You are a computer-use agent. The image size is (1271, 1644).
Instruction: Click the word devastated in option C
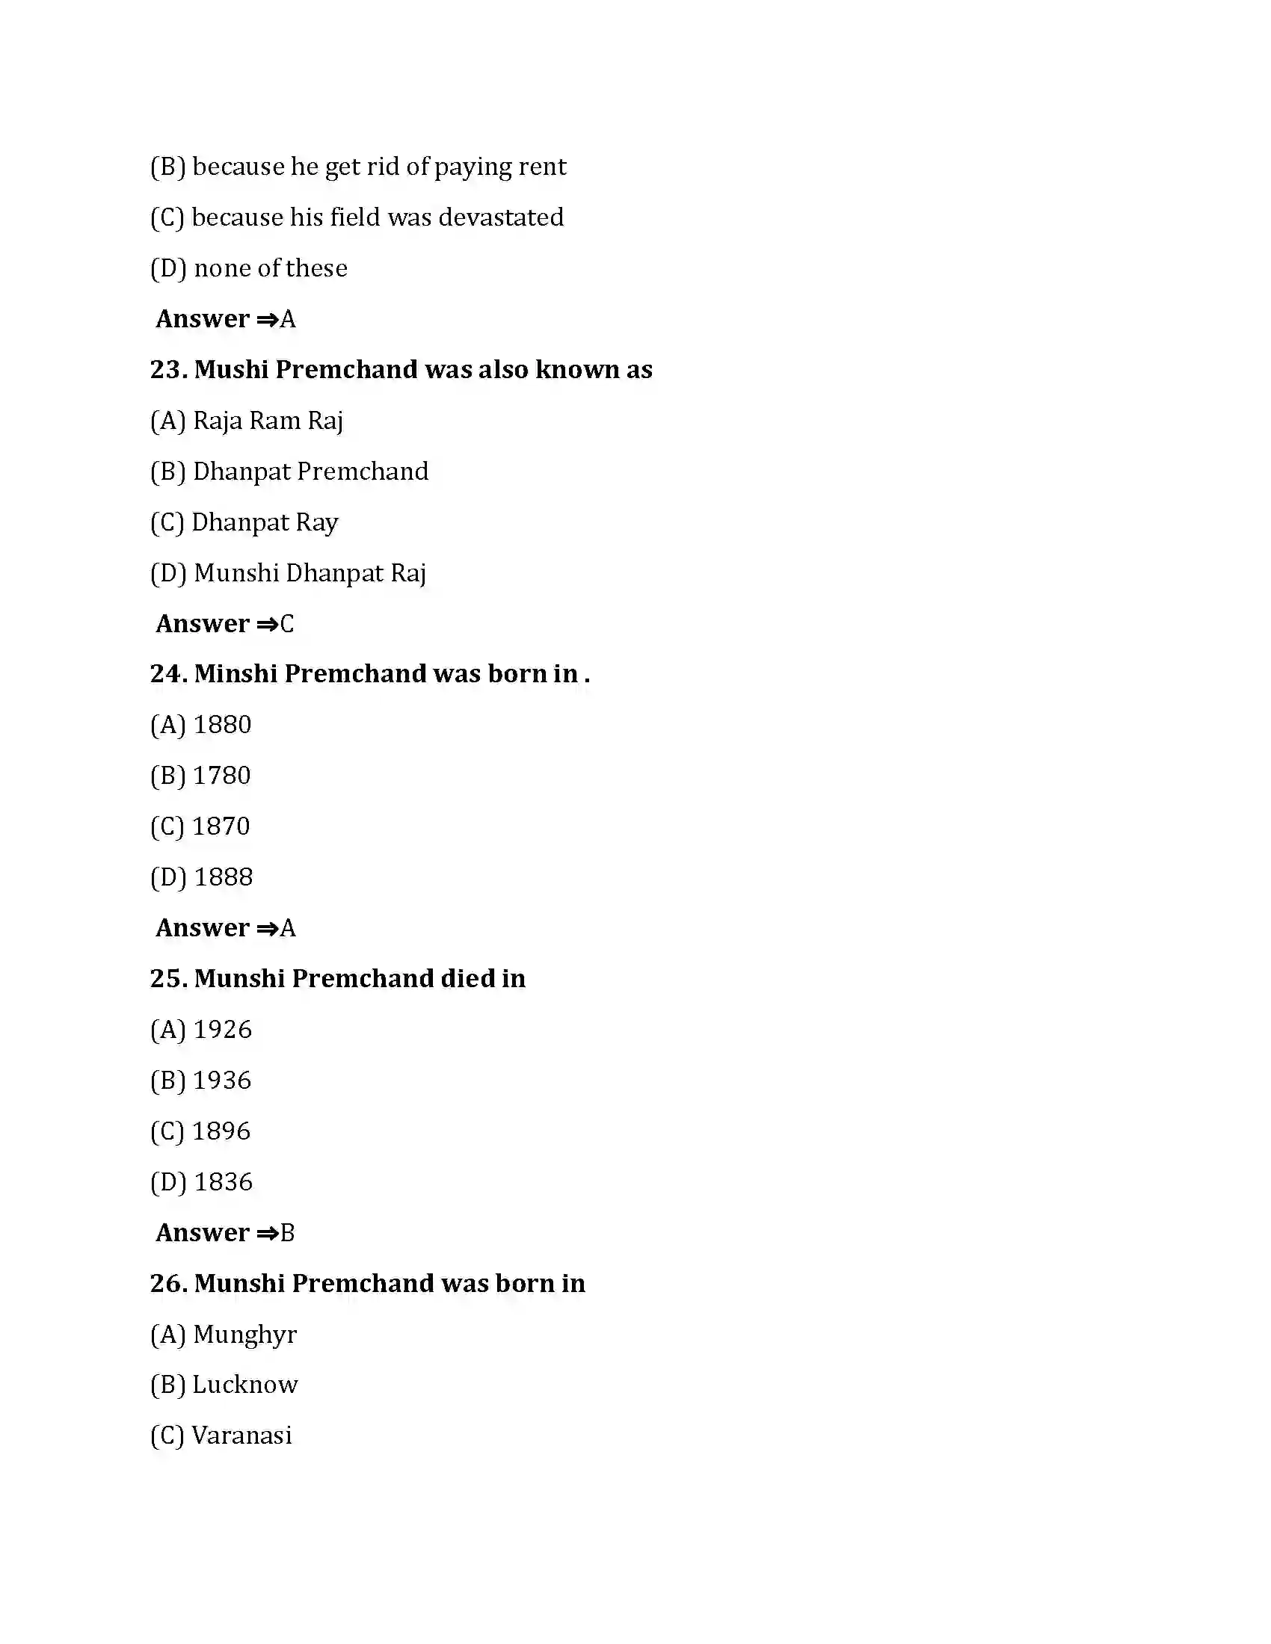tap(501, 217)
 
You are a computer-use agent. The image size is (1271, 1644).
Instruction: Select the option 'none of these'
tap(271, 268)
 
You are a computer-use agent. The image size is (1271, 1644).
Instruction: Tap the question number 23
tap(168, 370)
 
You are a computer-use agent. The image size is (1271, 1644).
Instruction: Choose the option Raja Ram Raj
tap(268, 421)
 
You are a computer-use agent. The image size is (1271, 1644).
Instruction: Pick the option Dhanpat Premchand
tap(310, 472)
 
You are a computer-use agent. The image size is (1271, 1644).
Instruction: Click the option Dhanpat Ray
tap(264, 522)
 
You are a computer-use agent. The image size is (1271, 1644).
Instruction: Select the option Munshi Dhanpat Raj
tap(310, 573)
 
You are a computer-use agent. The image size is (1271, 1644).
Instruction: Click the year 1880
tap(222, 725)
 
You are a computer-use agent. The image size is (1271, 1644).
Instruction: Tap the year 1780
tap(221, 776)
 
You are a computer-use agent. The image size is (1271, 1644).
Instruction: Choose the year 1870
tap(221, 826)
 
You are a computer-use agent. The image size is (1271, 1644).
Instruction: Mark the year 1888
tap(223, 877)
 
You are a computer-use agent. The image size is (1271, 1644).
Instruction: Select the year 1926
tap(222, 1030)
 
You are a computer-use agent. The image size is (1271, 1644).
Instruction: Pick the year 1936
tap(221, 1081)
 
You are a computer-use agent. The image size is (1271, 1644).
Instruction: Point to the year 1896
tap(221, 1131)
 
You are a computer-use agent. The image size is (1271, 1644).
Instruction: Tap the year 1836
tap(223, 1182)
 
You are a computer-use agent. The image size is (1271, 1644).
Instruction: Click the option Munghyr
tap(244, 1335)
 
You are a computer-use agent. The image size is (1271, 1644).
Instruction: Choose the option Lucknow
tap(244, 1384)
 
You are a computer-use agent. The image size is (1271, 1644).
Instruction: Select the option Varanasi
tap(241, 1436)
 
